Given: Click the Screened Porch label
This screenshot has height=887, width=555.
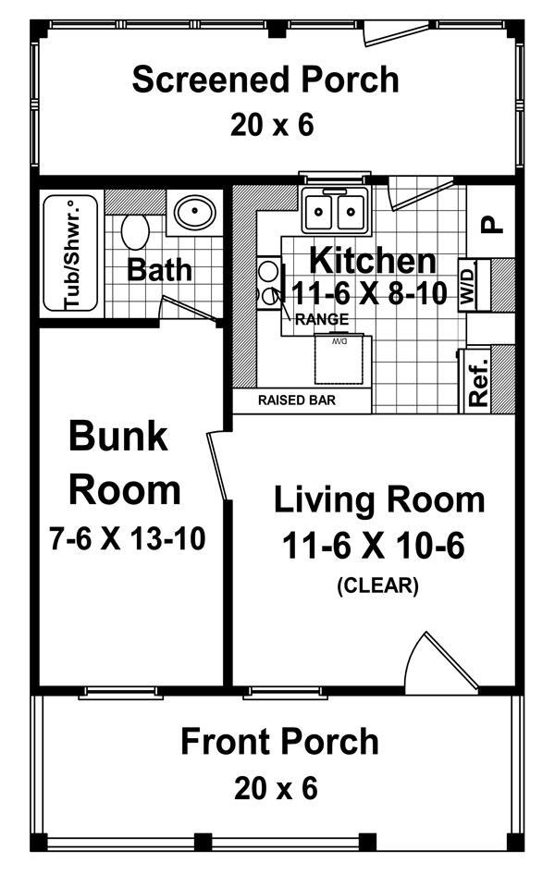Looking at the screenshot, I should pos(265,80).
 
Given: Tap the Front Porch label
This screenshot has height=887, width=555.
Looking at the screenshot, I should pos(278,742).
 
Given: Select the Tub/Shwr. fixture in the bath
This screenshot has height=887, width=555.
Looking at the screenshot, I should pos(70,252).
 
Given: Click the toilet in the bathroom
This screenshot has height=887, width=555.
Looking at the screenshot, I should pos(135,231).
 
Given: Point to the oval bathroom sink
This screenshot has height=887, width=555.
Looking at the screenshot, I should pos(194,215).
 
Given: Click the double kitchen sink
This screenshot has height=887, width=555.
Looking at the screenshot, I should pos(335,212).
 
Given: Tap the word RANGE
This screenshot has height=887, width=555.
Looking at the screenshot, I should pos(322,320).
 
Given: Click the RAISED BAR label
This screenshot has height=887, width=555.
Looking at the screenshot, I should pos(296,401).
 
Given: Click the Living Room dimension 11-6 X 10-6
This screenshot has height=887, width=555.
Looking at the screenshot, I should pos(373,548).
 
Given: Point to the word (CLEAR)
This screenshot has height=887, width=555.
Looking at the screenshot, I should pos(377,585).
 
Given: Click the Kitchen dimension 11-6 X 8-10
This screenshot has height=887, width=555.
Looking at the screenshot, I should pos(370,294).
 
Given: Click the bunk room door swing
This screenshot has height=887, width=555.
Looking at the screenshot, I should pos(220,467).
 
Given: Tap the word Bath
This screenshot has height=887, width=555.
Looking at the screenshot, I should pos(159,270).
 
